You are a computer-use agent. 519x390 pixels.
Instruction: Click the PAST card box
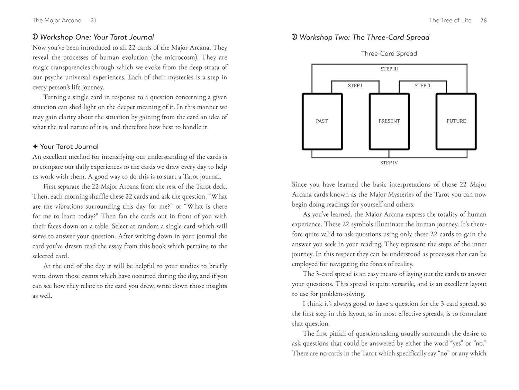322,121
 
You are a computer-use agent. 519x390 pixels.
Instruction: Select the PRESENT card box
389,121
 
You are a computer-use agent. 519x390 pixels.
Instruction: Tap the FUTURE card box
456,121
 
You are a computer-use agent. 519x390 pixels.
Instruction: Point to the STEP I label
355,86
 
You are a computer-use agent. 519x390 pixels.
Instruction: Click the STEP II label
422,86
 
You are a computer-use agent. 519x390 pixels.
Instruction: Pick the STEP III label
389,69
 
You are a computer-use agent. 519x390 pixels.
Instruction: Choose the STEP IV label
389,163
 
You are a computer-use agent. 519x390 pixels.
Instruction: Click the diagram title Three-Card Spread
389,53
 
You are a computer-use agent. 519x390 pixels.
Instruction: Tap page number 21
93,20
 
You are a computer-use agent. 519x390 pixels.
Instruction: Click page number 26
483,20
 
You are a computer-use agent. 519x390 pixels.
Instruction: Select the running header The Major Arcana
57,20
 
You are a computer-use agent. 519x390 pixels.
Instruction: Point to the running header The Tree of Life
450,20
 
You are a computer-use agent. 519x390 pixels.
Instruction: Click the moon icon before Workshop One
35,37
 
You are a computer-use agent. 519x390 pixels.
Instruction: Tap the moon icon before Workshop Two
294,37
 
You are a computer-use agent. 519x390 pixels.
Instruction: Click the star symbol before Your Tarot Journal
35,147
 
